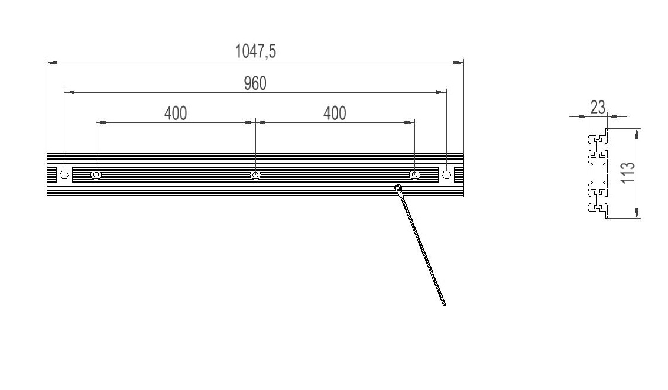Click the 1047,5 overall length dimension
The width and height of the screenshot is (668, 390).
click(x=255, y=51)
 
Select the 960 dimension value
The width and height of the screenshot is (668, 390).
click(x=255, y=83)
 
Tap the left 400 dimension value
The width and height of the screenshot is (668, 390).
click(x=176, y=113)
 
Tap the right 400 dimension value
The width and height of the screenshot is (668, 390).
click(x=335, y=113)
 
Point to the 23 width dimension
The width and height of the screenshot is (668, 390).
click(x=598, y=108)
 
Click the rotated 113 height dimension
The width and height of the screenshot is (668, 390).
click(x=628, y=173)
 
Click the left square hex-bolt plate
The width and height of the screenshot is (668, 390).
click(x=64, y=174)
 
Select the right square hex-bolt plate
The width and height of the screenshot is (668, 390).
click(x=446, y=174)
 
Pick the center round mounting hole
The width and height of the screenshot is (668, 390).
click(x=255, y=174)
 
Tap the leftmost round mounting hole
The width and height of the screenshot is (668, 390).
click(x=96, y=174)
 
